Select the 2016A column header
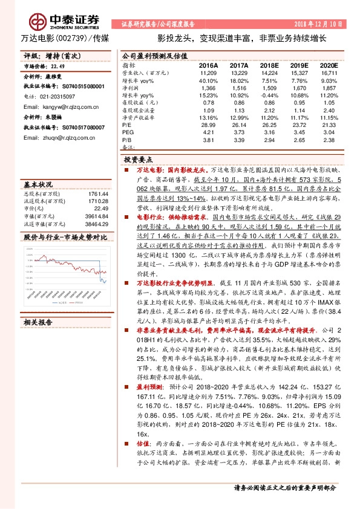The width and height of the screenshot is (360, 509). point(208,64)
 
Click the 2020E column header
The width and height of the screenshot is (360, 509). point(329,64)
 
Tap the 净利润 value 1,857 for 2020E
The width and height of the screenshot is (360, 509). point(329,88)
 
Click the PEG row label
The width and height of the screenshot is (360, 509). point(127,131)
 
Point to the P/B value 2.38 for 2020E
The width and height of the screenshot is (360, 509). point(329,138)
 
